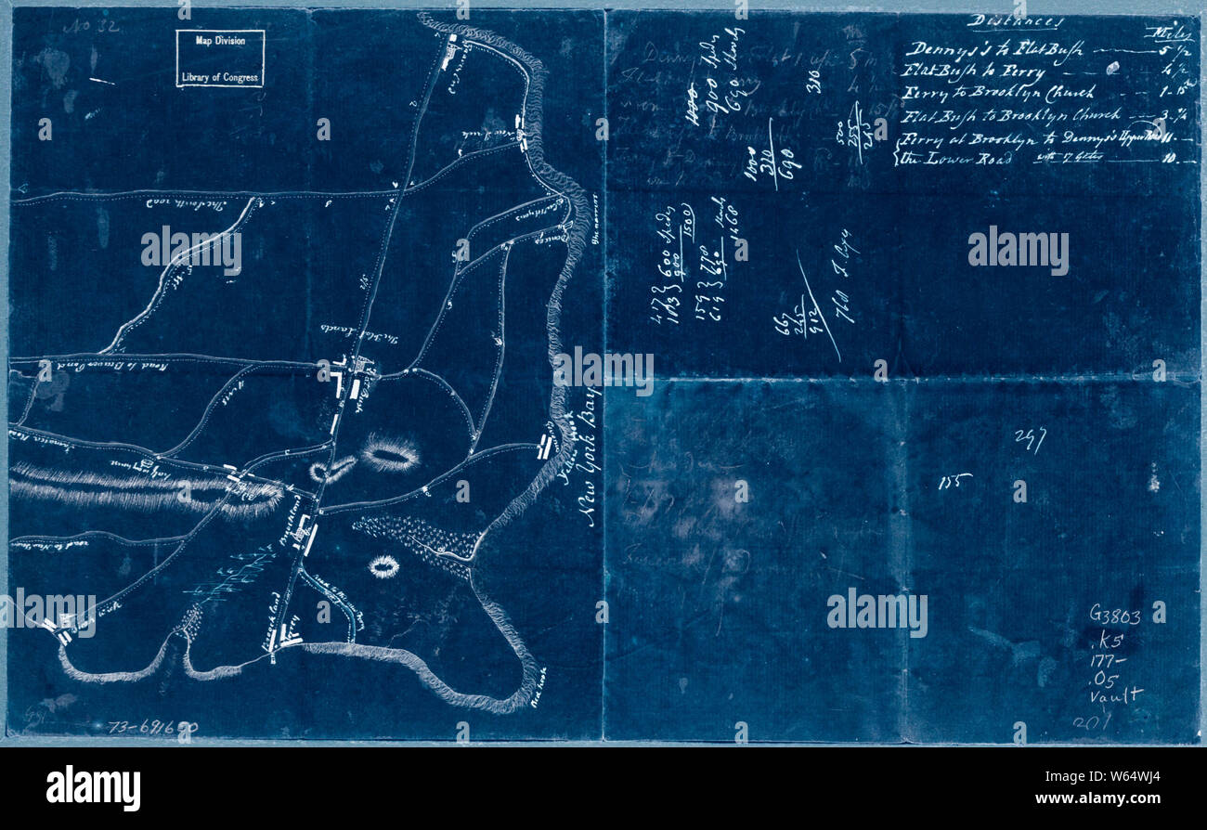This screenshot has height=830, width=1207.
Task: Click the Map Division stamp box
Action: click(220, 58)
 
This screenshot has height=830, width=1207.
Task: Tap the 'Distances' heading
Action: click(1015, 21)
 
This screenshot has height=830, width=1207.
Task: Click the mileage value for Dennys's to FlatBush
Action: click(1169, 51)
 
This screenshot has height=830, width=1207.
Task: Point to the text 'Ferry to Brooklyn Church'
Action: click(998, 93)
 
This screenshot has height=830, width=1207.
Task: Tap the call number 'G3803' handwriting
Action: click(1115, 615)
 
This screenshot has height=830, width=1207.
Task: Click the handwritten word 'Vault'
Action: click(1118, 694)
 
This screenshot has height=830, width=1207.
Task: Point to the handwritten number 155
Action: click(954, 481)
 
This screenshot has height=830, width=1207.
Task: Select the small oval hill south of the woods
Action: click(383, 565)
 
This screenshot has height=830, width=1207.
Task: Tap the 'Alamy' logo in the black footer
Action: click(93, 788)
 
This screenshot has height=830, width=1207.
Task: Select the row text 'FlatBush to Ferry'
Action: click(973, 71)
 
